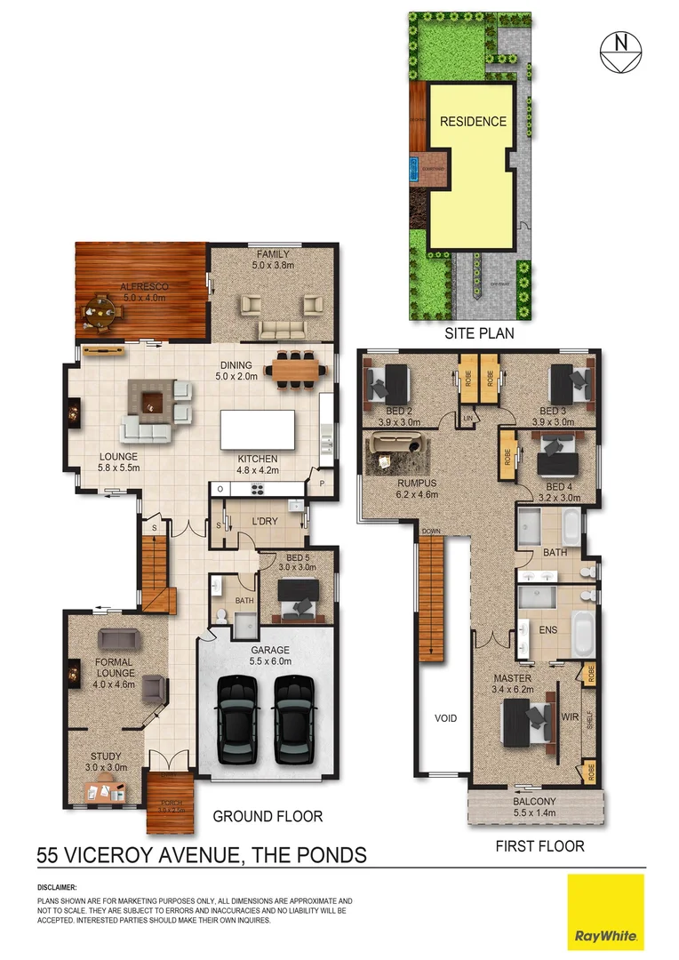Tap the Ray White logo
coord(606,912)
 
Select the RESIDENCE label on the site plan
coord(473,122)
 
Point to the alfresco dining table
coord(100,311)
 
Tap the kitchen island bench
coord(258,429)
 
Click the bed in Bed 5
coord(297,598)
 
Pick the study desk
coord(103,788)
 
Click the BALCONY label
coord(535,800)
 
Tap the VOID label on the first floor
coord(445,717)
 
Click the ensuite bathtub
coord(582,633)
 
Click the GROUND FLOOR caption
coord(268,816)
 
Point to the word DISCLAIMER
coord(57,888)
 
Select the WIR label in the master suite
coord(570,714)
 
